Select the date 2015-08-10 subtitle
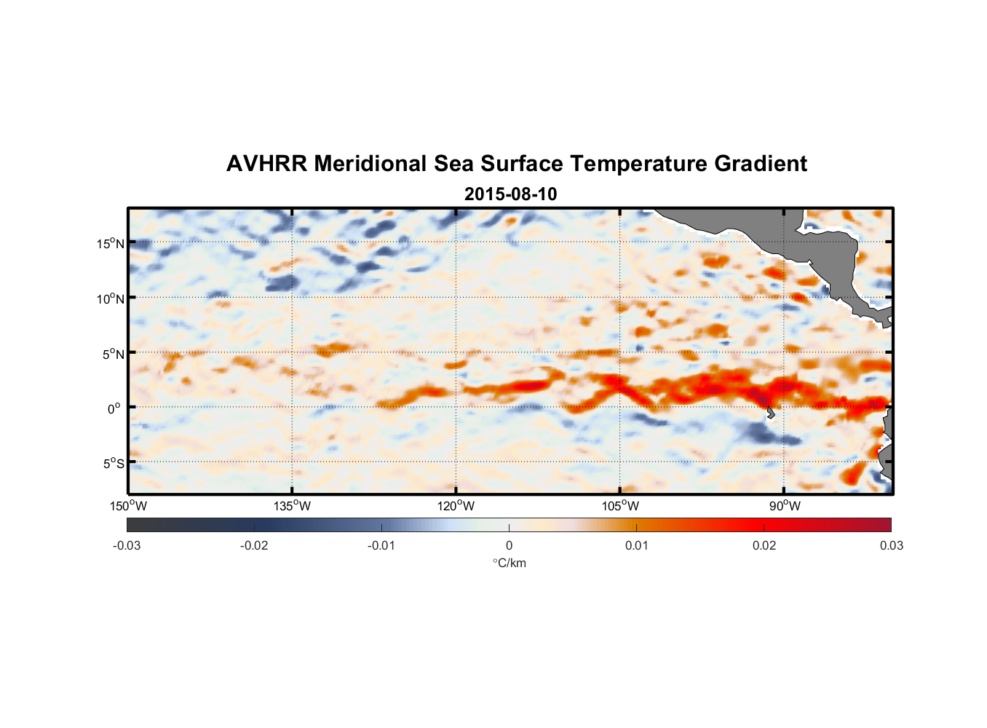point(510,194)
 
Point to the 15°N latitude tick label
point(111,243)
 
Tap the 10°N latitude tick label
point(111,298)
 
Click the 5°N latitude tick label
point(113,354)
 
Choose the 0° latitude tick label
point(114,408)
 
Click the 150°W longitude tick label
point(129,506)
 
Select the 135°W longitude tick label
point(293,506)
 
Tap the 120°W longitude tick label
point(456,506)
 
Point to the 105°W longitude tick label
point(620,506)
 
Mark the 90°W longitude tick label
point(785,506)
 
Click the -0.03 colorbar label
point(127,545)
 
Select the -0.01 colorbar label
point(381,545)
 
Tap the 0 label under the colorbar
point(509,545)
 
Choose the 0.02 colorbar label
point(764,545)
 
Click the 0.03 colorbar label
point(891,545)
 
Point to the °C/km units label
point(509,563)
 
